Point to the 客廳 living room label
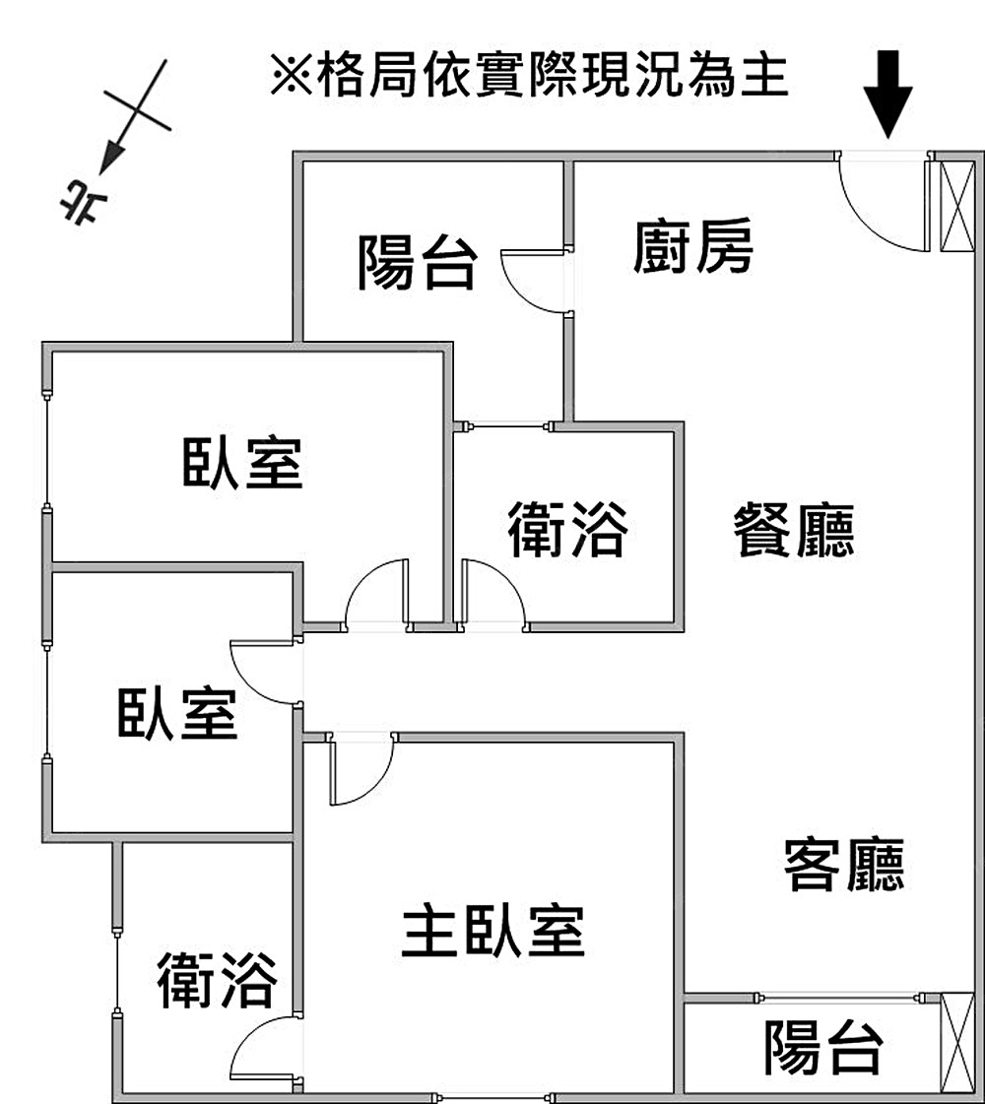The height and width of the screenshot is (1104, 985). point(844,864)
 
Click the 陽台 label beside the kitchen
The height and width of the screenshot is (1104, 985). point(417,262)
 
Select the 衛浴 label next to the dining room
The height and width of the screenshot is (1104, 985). point(567,529)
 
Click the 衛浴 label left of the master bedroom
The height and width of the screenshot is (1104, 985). point(216,980)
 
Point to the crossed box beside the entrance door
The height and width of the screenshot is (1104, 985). point(954,206)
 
